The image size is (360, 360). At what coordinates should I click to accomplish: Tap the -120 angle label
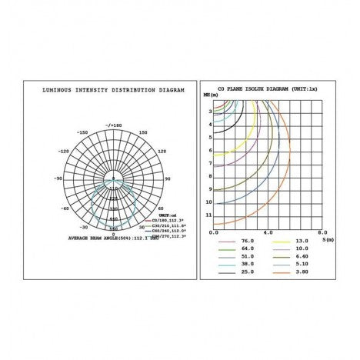[x=65, y=152]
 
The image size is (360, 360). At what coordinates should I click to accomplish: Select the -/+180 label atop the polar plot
[x=115, y=124]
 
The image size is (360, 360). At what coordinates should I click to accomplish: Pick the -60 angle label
[x=66, y=208]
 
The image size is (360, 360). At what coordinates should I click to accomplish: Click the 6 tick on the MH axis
[x=208, y=150]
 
